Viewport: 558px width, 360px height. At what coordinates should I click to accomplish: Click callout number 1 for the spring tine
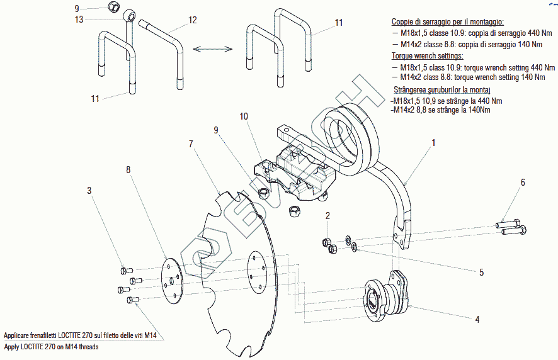pyautogui.click(x=433, y=143)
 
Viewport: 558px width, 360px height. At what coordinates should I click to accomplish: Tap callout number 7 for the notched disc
pyautogui.click(x=190, y=144)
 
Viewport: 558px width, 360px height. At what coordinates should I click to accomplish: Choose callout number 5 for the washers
pyautogui.click(x=481, y=273)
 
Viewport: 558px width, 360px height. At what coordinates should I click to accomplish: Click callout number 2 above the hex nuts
pyautogui.click(x=327, y=216)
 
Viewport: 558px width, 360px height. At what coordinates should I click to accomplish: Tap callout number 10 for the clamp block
pyautogui.click(x=244, y=116)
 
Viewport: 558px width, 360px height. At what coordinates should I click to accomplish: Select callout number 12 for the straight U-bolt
pyautogui.click(x=193, y=20)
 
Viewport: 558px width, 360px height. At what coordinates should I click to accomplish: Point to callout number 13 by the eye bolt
pyautogui.click(x=79, y=20)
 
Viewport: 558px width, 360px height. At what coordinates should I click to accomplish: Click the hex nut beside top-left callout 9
pyautogui.click(x=113, y=8)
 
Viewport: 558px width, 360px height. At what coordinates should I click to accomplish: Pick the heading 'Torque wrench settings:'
pyautogui.click(x=427, y=56)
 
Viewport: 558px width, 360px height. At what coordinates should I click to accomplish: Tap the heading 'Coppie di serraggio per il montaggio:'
pyautogui.click(x=448, y=21)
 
